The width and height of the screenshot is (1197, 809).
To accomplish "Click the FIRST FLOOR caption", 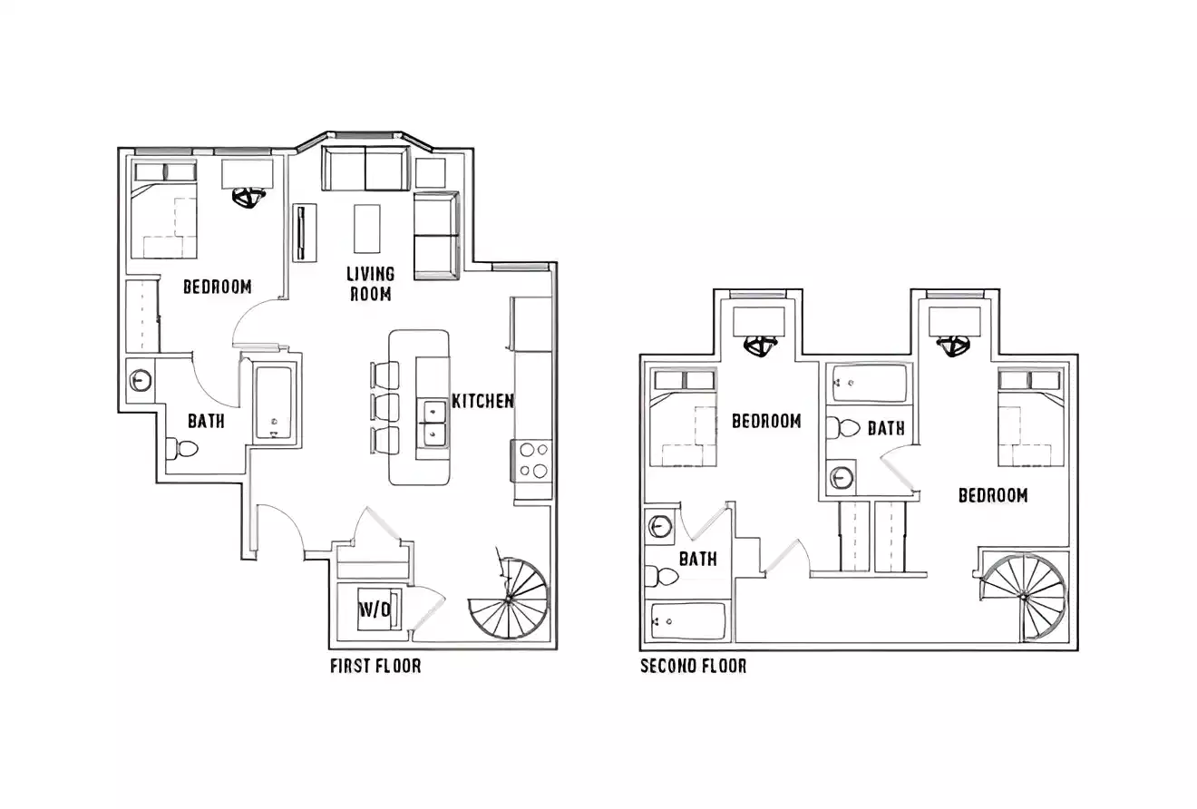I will click(x=375, y=667).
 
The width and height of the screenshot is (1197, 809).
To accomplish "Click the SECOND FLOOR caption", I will click(x=693, y=667).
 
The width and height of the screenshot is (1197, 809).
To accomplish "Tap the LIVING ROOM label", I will click(x=370, y=283).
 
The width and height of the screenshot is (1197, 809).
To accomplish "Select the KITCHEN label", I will click(x=482, y=401).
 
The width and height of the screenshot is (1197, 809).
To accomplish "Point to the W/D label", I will click(x=375, y=609).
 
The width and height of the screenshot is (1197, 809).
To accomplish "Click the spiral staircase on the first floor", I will click(x=510, y=599).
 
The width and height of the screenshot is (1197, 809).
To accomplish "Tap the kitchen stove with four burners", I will click(x=532, y=459).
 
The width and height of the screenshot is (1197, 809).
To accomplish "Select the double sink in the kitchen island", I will click(x=432, y=424).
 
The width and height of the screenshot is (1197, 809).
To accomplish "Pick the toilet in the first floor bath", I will click(x=185, y=448).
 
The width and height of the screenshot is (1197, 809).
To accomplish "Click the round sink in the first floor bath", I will click(x=141, y=380).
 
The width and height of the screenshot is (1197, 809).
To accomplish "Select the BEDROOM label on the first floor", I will click(x=217, y=287).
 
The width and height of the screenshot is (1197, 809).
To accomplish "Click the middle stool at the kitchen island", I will click(x=384, y=406).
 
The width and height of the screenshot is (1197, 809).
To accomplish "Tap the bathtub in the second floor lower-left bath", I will click(x=688, y=621).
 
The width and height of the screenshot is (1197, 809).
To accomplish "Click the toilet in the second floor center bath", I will click(x=846, y=427).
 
